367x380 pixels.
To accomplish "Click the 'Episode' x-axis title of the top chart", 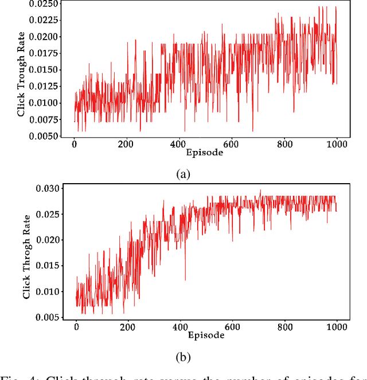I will click(x=205, y=152).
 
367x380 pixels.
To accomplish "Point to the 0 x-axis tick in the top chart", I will click(x=74, y=144).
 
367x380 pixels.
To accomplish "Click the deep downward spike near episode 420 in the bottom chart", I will click(x=185, y=280).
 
